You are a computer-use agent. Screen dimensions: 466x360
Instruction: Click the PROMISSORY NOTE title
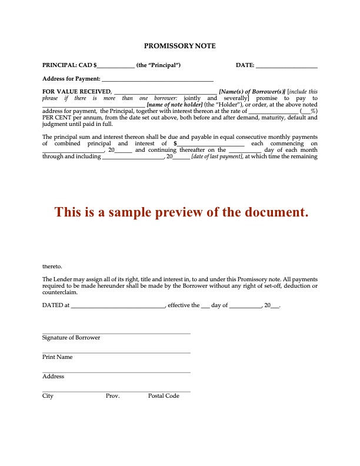point(180,45)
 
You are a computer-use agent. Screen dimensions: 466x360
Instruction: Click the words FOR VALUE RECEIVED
point(76,92)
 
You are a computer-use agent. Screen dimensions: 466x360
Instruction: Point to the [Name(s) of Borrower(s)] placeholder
point(252,92)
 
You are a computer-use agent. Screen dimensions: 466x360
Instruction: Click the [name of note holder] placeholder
point(175,105)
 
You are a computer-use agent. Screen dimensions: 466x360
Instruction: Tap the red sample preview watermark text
point(181,212)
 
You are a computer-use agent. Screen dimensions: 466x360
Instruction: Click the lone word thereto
point(52,267)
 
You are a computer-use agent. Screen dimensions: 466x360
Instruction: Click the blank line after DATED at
point(118,307)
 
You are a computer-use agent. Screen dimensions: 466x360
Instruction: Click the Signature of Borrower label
point(71,338)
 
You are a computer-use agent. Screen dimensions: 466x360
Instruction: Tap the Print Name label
point(57,357)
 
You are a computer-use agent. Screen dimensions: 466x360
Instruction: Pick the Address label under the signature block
point(53,377)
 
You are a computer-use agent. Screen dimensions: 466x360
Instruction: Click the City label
point(48,396)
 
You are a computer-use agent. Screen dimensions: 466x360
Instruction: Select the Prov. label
point(112,396)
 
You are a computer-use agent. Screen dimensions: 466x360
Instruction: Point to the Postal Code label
point(164,396)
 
